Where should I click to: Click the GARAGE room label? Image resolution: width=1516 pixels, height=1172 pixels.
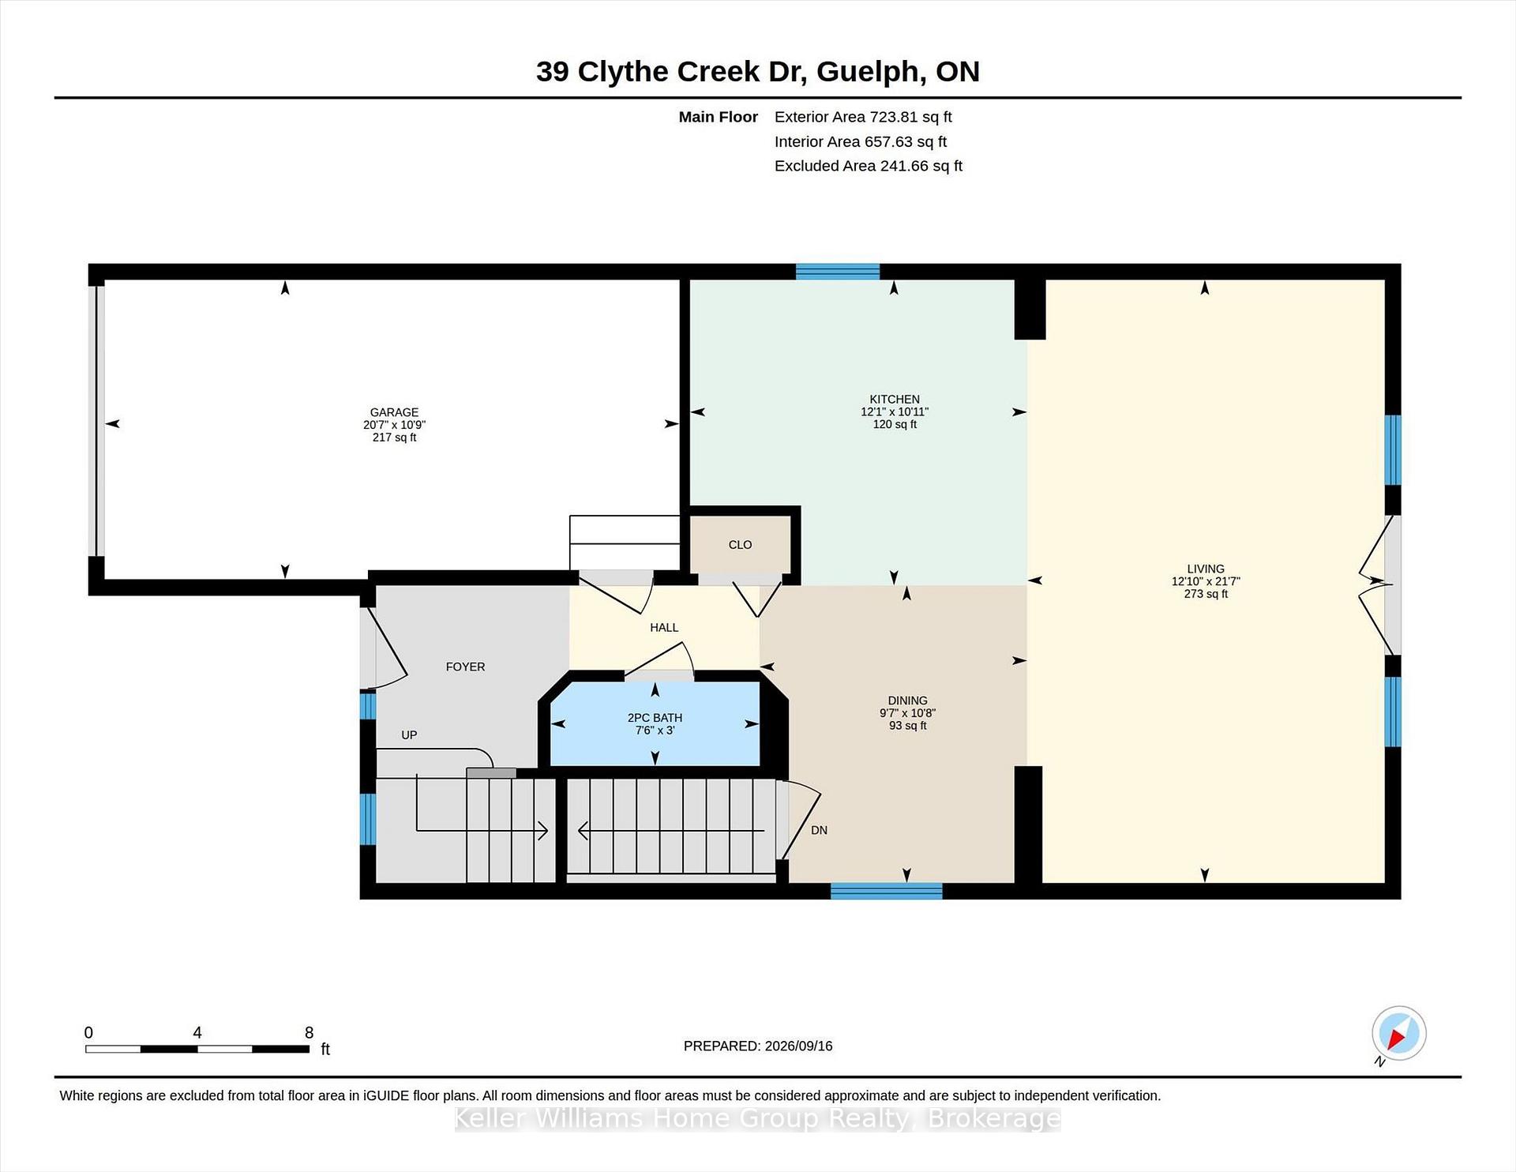coord(394,412)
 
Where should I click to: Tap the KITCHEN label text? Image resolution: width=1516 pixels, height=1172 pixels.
coord(895,399)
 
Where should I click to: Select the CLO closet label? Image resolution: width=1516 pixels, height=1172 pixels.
coord(740,545)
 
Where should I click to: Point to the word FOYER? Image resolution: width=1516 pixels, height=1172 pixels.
coord(465,667)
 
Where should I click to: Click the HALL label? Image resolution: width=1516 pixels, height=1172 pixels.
coord(664,627)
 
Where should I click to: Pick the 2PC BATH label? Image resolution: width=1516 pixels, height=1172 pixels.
coord(655,718)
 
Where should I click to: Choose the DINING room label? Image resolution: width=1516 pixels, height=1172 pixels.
coord(907,701)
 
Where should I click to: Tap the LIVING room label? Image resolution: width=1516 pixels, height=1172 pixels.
coord(1206,569)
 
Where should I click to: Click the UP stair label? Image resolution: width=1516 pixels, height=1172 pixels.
coord(409,735)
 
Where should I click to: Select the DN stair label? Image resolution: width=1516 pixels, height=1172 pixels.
coord(819,830)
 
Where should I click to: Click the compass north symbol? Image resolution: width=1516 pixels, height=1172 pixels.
coord(1398,1034)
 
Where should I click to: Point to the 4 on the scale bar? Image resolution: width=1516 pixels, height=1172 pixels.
coord(197,1032)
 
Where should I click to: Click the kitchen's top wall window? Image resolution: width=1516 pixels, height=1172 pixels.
coord(838,272)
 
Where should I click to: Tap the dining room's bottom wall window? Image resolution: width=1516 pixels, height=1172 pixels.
coord(887,891)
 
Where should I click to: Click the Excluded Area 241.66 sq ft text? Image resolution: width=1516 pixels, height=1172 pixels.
coord(869,166)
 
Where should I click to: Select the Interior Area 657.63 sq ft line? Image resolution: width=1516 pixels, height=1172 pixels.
coord(861,141)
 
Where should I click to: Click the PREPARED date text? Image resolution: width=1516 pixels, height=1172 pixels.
coord(758,1046)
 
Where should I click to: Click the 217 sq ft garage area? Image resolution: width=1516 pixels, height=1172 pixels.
coord(394,438)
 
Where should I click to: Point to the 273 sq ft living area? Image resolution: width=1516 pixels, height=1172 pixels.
coord(1206,594)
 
